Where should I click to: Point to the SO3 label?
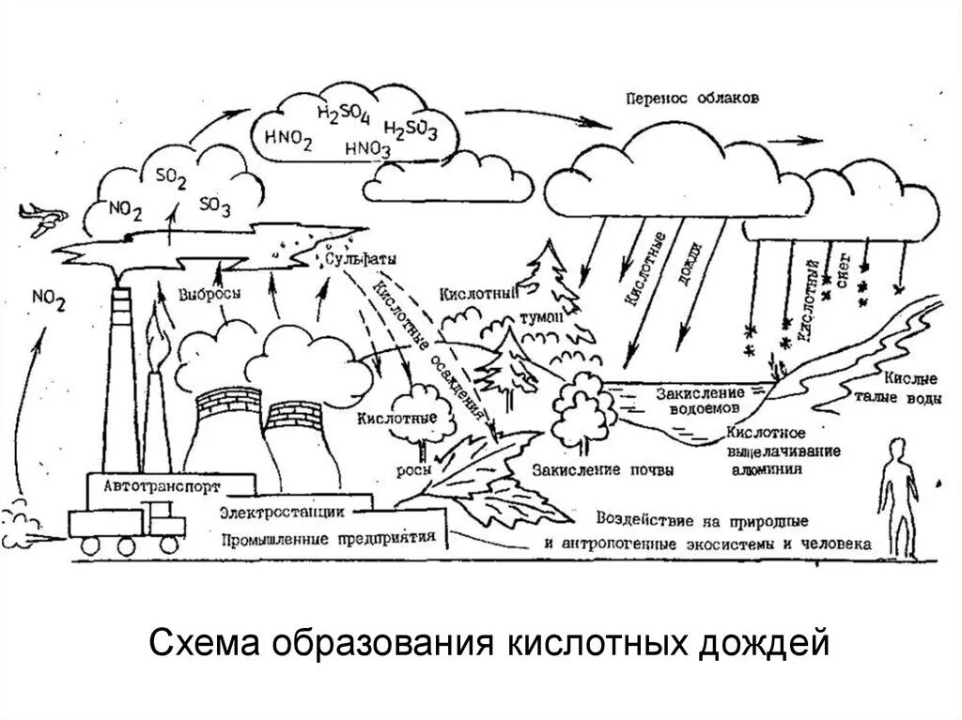pyautogui.click(x=215, y=206)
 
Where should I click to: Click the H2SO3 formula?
pyautogui.click(x=411, y=130)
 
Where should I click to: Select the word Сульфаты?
pyautogui.click(x=356, y=258)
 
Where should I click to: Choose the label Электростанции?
pyautogui.click(x=281, y=513)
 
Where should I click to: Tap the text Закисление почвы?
pyautogui.click(x=601, y=469)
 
